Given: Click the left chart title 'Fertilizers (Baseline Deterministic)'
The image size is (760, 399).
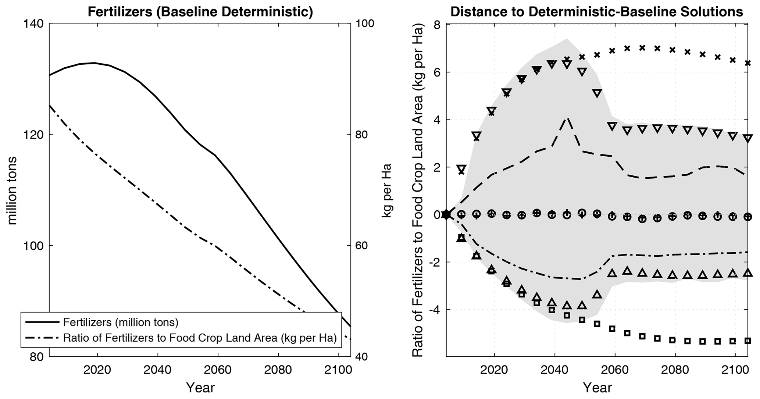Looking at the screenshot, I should (200, 12).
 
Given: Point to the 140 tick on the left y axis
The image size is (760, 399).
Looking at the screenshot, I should (35, 23).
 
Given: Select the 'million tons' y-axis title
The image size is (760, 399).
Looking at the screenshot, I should (12, 190).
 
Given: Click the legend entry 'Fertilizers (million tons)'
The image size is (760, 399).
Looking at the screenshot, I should (121, 322).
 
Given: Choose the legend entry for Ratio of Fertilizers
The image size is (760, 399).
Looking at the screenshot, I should (200, 338).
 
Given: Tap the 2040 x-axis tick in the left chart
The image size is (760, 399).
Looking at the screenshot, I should (157, 369).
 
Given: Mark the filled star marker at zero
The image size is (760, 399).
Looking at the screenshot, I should (446, 214).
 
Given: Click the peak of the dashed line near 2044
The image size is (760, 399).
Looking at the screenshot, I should (567, 118).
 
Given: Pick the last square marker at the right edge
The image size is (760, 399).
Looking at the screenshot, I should (747, 341).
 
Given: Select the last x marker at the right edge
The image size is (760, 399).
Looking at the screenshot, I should (747, 63).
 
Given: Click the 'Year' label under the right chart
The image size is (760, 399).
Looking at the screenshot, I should (597, 387).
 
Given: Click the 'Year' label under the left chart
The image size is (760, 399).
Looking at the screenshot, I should (200, 387).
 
